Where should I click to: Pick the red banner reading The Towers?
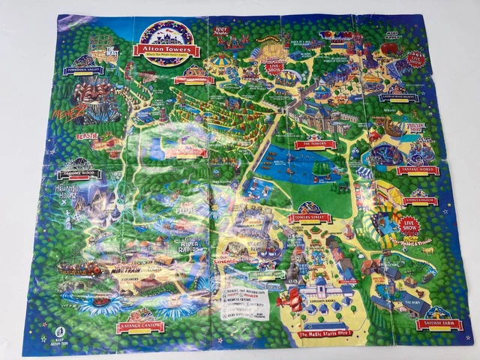316,144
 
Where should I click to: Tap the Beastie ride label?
88,137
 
